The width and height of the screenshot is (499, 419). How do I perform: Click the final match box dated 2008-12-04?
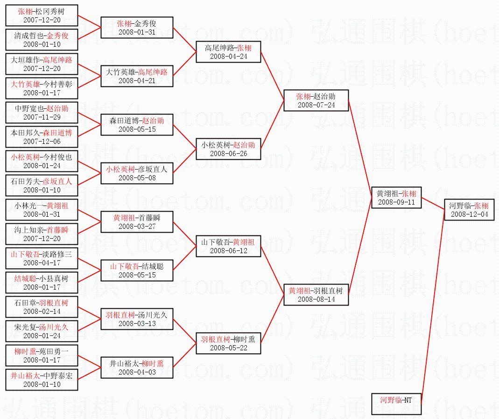pyautogui.click(x=469, y=210)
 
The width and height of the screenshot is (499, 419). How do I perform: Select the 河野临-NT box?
pyautogui.click(x=397, y=405)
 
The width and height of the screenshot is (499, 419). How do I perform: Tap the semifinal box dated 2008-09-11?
pyautogui.click(x=396, y=198)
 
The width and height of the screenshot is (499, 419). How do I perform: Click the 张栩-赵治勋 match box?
pyautogui.click(x=316, y=100)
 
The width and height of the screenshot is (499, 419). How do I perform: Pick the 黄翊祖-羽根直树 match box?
pyautogui.click(x=316, y=295)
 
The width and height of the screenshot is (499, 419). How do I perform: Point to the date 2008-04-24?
pyautogui.click(x=228, y=57)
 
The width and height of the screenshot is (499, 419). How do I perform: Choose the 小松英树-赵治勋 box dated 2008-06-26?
pyautogui.click(x=228, y=149)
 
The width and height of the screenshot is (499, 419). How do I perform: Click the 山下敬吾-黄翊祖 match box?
pyautogui.click(x=228, y=246)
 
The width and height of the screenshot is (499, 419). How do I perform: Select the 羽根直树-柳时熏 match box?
pyautogui.click(x=228, y=343)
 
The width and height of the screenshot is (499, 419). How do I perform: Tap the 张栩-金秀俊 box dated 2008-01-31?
pyautogui.click(x=137, y=28)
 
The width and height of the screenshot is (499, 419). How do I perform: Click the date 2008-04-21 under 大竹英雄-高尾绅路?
pyautogui.click(x=137, y=81)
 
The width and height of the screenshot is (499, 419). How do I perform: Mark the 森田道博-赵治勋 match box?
pyautogui.click(x=137, y=125)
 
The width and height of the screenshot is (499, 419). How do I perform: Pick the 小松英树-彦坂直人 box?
pyautogui.click(x=137, y=173)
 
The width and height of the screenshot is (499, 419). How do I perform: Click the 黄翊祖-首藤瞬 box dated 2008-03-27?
pyautogui.click(x=137, y=222)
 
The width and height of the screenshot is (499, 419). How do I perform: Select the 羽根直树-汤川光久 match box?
pyautogui.click(x=137, y=319)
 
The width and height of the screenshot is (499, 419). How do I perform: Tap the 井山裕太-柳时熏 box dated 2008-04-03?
pyautogui.click(x=137, y=368)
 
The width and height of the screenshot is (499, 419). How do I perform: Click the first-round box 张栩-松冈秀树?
pyautogui.click(x=42, y=15)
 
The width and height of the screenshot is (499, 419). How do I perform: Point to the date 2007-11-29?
pyautogui.click(x=42, y=117)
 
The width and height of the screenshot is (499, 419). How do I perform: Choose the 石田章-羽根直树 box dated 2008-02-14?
pyautogui.click(x=42, y=307)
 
